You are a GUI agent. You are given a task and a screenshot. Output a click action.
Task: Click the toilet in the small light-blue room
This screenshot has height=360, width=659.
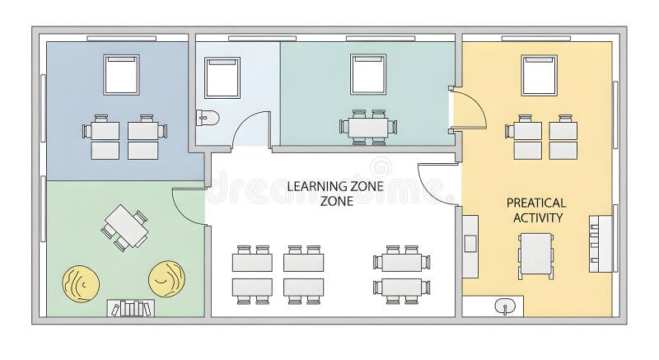[x=206, y=119]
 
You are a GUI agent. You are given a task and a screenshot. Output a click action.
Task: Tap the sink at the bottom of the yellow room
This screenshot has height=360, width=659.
[x=505, y=306]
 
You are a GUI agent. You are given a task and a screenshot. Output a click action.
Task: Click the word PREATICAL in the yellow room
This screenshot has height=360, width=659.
[x=535, y=203]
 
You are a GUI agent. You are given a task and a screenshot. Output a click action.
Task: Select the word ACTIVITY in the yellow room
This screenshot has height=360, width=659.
[x=537, y=217]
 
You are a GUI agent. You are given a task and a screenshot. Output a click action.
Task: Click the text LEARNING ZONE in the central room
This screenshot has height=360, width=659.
[x=335, y=186]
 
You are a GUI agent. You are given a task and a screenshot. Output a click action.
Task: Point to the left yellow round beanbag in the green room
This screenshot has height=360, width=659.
[x=81, y=283]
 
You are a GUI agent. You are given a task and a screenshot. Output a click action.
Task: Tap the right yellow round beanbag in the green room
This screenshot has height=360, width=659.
[x=166, y=278]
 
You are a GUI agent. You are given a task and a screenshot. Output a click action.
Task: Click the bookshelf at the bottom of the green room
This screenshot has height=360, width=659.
[x=130, y=309]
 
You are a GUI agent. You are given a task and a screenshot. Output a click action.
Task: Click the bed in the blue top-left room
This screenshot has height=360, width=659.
[x=122, y=74]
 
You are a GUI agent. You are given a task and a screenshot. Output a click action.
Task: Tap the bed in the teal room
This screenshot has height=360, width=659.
[x=368, y=74]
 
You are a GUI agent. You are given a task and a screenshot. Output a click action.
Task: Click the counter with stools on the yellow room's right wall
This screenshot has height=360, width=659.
[x=600, y=242]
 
